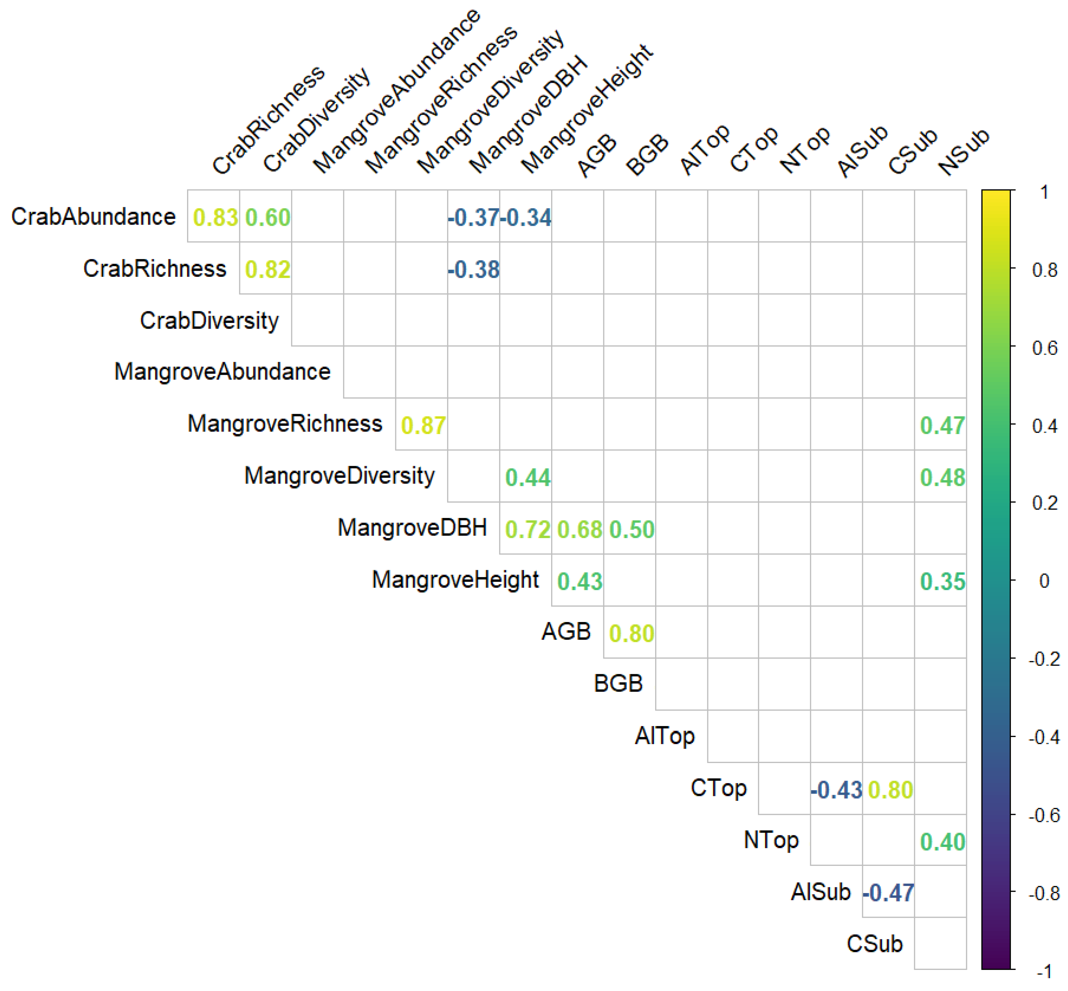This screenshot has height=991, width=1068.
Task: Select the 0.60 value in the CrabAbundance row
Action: click(x=267, y=218)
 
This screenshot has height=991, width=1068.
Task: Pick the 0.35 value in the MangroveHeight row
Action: click(x=942, y=582)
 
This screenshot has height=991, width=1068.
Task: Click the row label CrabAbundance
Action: click(x=93, y=217)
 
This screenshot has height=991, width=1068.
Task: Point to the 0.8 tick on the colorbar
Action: click(x=1044, y=270)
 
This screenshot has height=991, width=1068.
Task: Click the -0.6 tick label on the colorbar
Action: click(x=1043, y=816)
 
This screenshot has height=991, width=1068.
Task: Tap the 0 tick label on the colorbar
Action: click(x=1043, y=581)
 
